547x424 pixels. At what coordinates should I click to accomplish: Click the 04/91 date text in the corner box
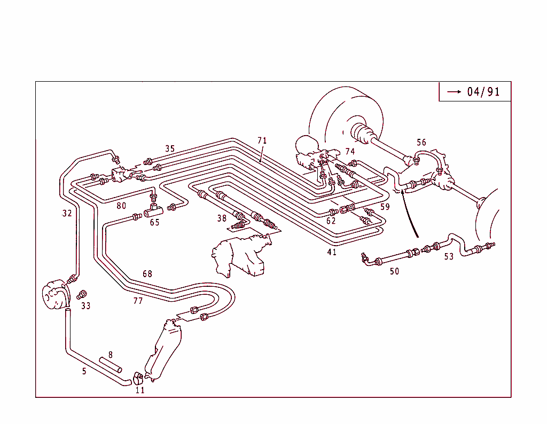(x=483, y=92)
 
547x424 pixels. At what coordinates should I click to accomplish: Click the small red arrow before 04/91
(x=454, y=92)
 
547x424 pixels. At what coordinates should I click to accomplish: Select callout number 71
(x=262, y=140)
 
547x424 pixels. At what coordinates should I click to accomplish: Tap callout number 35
(x=170, y=148)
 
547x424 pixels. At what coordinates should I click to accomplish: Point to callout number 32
(x=66, y=213)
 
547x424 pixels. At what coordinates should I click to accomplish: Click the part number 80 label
(x=121, y=206)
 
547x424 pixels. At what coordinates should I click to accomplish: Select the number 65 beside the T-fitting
(x=154, y=222)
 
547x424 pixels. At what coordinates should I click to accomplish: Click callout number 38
(x=222, y=218)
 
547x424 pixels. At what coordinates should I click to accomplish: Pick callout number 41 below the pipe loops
(x=332, y=252)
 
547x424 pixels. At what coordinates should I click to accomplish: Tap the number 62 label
(x=331, y=221)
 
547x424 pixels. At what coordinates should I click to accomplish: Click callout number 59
(x=385, y=206)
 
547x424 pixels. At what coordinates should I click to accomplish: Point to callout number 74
(x=350, y=152)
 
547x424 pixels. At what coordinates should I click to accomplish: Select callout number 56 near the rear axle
(x=421, y=142)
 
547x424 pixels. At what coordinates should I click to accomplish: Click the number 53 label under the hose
(x=449, y=257)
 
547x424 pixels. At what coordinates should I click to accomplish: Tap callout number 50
(x=394, y=271)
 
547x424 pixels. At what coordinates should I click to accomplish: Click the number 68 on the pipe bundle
(x=147, y=274)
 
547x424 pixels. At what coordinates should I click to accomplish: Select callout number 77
(x=138, y=301)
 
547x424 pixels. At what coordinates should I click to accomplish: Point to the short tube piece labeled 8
(x=111, y=366)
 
